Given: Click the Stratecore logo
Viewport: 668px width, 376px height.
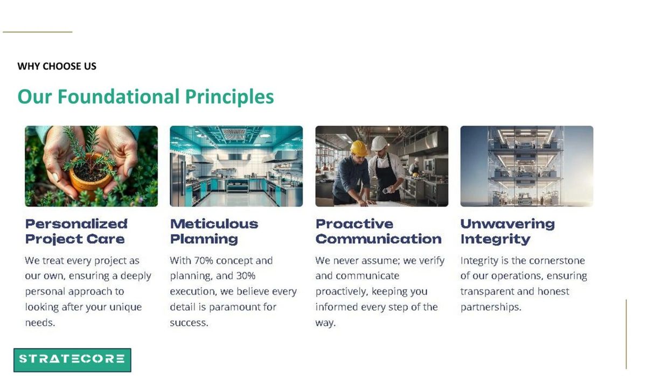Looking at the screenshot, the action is [x=72, y=360].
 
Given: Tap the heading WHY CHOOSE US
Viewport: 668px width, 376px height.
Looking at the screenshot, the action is [x=57, y=66].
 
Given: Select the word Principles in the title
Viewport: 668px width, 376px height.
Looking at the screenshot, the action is [x=229, y=97].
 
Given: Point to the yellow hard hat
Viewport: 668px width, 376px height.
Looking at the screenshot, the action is [x=359, y=148].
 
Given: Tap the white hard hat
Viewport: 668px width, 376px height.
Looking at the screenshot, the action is [x=379, y=143].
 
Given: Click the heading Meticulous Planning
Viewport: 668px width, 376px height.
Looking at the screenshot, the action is [x=214, y=232].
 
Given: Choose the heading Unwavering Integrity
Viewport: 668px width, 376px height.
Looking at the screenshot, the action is [x=507, y=232].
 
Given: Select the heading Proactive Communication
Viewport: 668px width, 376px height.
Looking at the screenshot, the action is [x=378, y=232].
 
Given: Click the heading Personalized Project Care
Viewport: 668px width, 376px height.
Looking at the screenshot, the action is [x=76, y=232].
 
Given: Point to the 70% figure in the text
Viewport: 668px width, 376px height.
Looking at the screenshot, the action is [x=204, y=261].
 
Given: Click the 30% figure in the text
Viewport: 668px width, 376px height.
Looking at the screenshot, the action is [x=246, y=276].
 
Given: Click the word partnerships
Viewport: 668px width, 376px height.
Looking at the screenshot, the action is [x=491, y=307].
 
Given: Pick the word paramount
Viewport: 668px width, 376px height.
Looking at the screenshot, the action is [x=234, y=307].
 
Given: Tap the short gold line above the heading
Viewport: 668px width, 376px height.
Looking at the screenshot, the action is [x=38, y=32].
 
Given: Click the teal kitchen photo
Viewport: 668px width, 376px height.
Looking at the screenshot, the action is [x=236, y=166].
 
